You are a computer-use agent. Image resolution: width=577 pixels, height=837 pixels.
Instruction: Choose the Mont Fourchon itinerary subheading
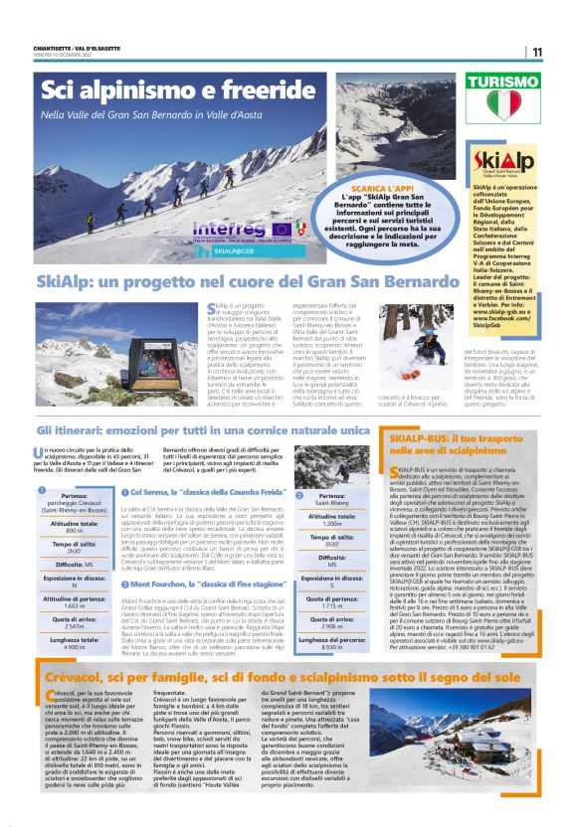pyautogui.click(x=200, y=584)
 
